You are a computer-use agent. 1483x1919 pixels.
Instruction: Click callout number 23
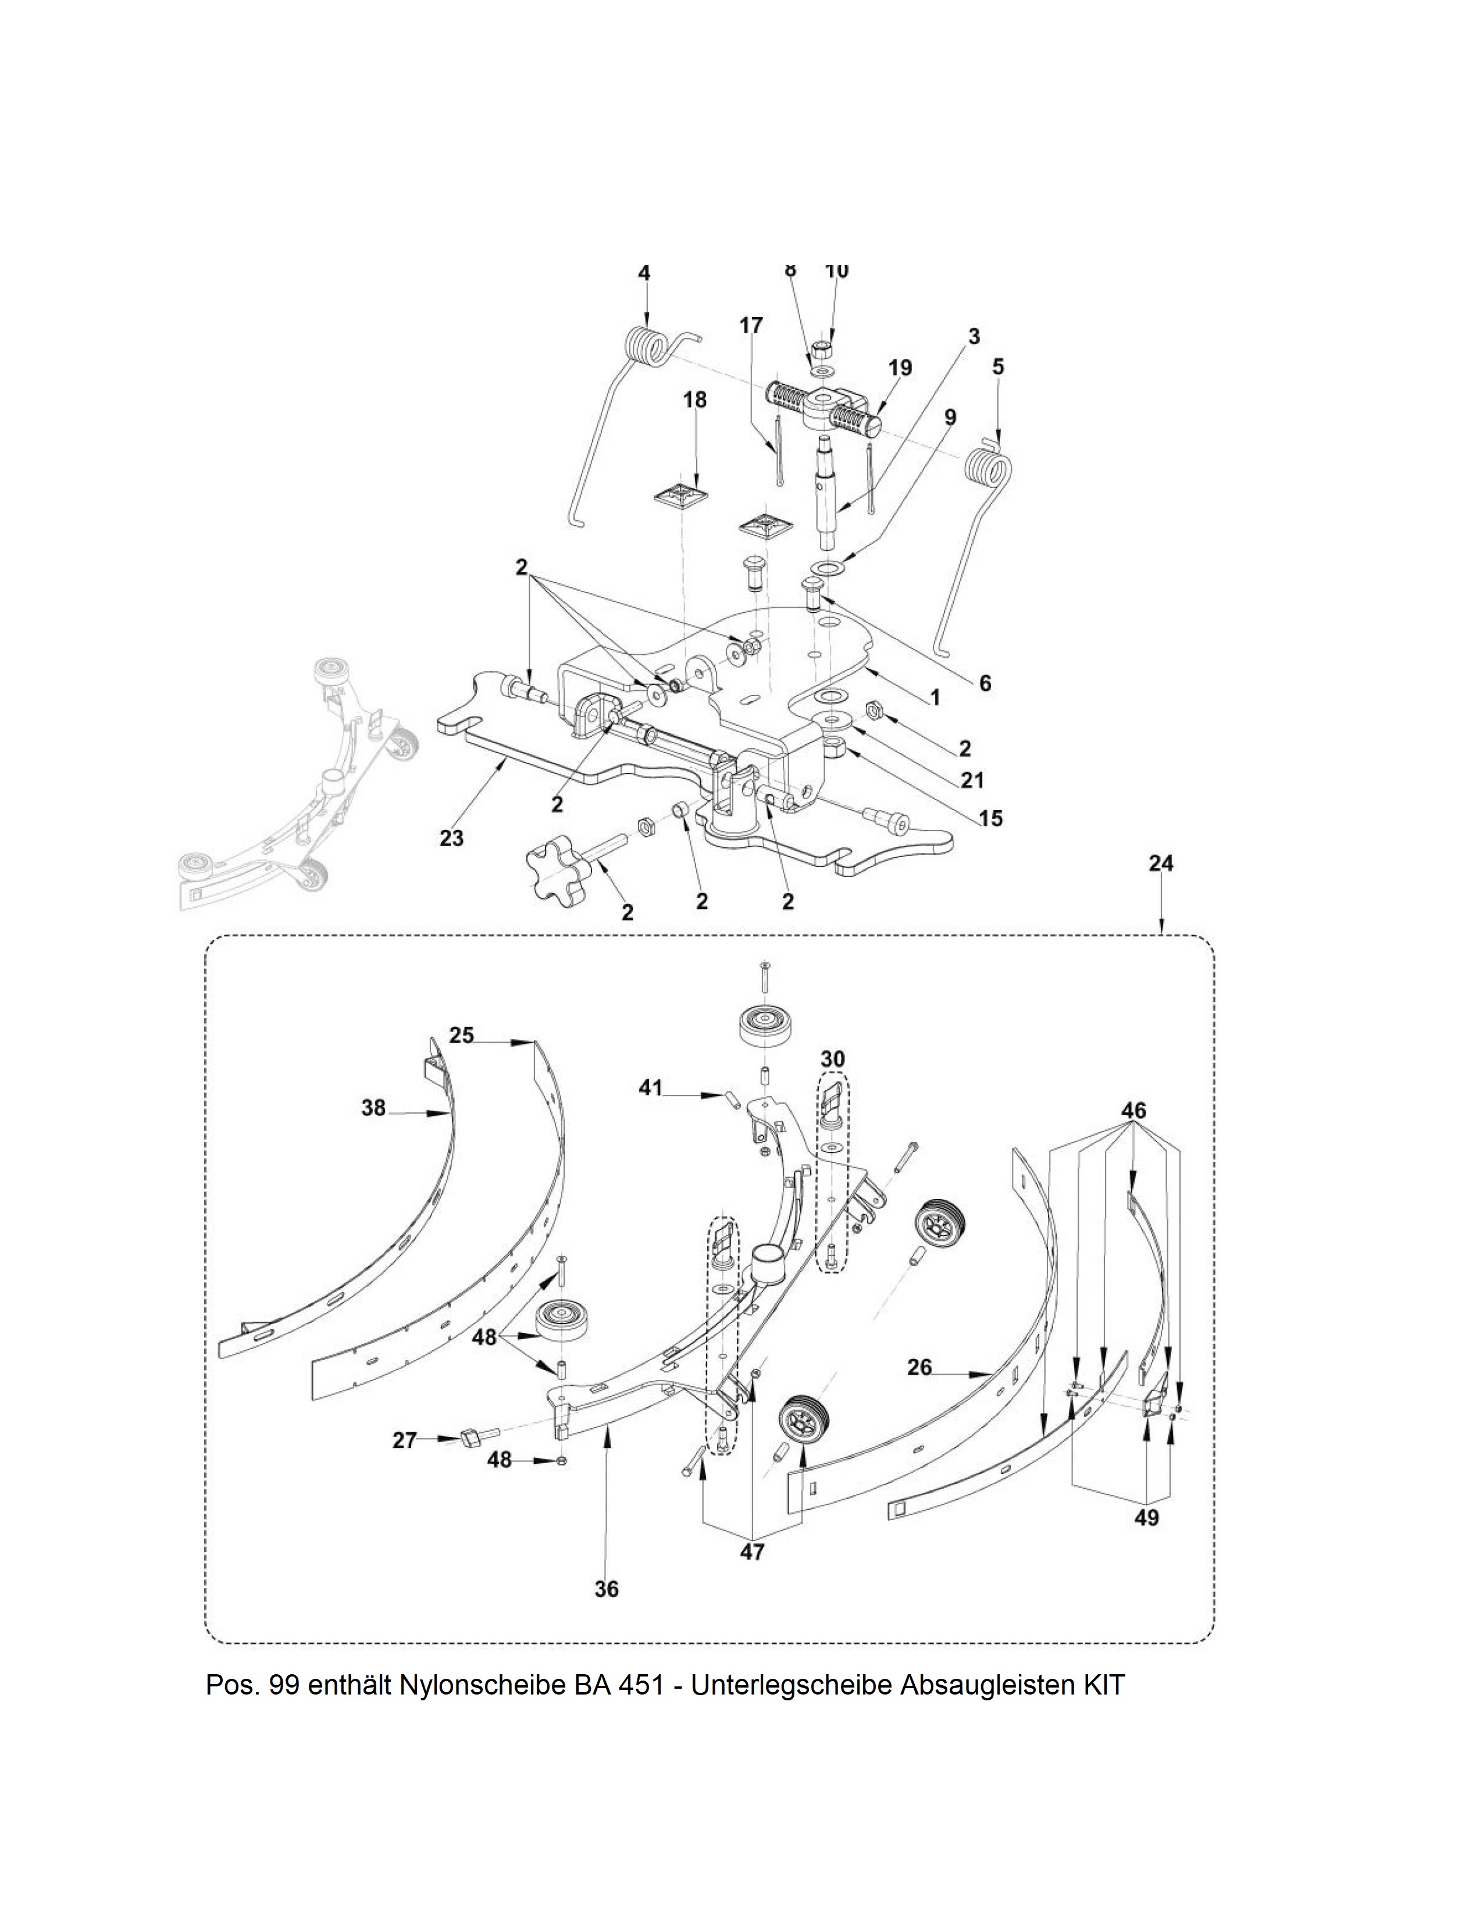pyautogui.click(x=451, y=838)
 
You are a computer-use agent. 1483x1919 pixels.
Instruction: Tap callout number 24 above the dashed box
pyautogui.click(x=1161, y=863)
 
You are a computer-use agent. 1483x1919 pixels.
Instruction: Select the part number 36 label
pyautogui.click(x=606, y=1589)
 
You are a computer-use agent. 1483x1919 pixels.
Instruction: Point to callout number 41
pyautogui.click(x=650, y=1088)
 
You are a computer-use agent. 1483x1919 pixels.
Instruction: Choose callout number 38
pyautogui.click(x=373, y=1108)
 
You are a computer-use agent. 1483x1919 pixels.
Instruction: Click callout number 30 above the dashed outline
pyautogui.click(x=832, y=1059)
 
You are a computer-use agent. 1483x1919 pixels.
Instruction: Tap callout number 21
pyautogui.click(x=972, y=779)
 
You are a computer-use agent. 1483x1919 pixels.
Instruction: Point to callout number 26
pyautogui.click(x=919, y=1367)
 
